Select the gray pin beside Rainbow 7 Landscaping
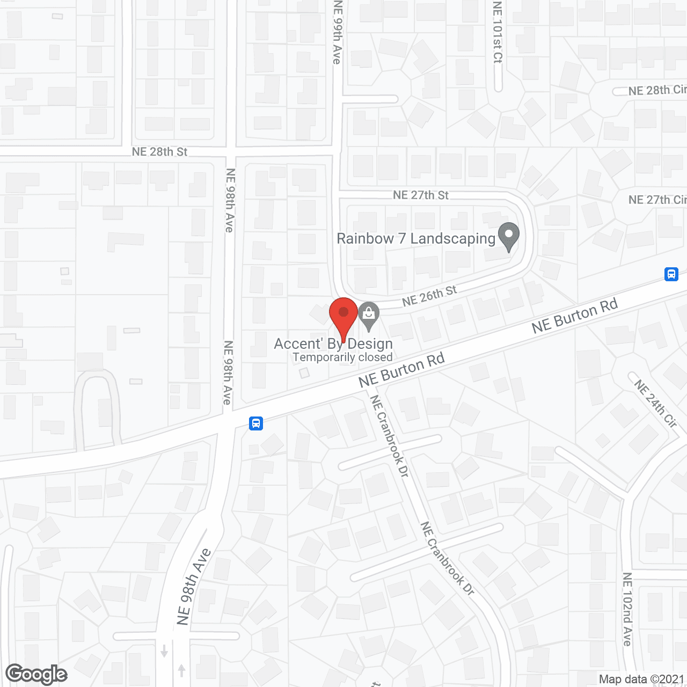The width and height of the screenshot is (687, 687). tap(509, 236)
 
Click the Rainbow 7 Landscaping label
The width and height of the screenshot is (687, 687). tap(415, 238)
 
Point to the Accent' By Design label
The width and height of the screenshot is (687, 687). tap(333, 343)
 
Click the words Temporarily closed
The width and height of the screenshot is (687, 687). tap(342, 357)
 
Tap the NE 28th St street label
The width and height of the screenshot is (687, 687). tap(159, 152)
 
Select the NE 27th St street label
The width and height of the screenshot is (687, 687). tap(420, 195)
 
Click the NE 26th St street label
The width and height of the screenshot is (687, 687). tap(429, 296)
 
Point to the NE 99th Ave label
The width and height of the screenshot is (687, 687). tap(337, 32)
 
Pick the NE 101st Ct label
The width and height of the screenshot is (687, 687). tap(497, 32)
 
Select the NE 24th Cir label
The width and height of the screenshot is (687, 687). tap(655, 403)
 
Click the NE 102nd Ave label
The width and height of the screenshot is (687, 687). tap(627, 609)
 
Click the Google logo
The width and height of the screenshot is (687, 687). tap(36, 674)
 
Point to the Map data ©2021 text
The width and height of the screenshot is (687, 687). tap(642, 679)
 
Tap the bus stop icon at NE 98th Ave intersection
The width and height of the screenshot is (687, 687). tap(256, 423)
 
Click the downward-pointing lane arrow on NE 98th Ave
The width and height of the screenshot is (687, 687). tap(164, 651)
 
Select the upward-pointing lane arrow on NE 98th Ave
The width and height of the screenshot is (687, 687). tap(181, 670)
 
